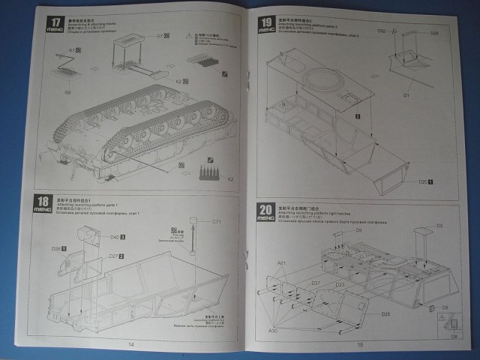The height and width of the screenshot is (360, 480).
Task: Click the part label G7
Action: point(160,36)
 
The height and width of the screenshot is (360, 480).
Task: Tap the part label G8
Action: point(67,92)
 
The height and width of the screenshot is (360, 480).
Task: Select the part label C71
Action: point(216,221)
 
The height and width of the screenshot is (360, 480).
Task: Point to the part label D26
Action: point(55,248)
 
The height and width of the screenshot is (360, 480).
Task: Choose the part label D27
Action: point(112,256)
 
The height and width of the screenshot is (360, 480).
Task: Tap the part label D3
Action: point(440,225)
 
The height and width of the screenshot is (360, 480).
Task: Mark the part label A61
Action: point(281,262)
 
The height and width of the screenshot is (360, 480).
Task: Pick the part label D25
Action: point(385,313)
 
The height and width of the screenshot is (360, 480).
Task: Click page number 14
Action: point(131,343)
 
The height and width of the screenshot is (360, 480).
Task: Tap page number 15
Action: point(360,344)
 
